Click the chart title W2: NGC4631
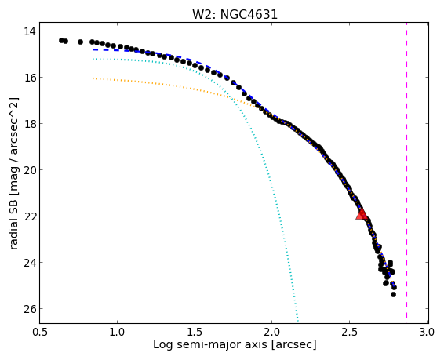[x=235, y=14]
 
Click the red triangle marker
[x=362, y=214]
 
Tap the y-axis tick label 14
[x=30, y=31]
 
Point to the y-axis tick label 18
[x=30, y=124]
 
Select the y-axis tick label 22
[x=30, y=216]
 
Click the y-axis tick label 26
[x=30, y=309]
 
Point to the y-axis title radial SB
[x=14, y=220]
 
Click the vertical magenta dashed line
[x=406, y=171]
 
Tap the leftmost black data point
[x=61, y=41]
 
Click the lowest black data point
[x=393, y=295]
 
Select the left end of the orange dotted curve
[x=93, y=78]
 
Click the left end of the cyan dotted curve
[x=93, y=59]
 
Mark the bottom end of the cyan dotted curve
[x=297, y=321]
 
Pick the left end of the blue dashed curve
[x=93, y=49]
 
